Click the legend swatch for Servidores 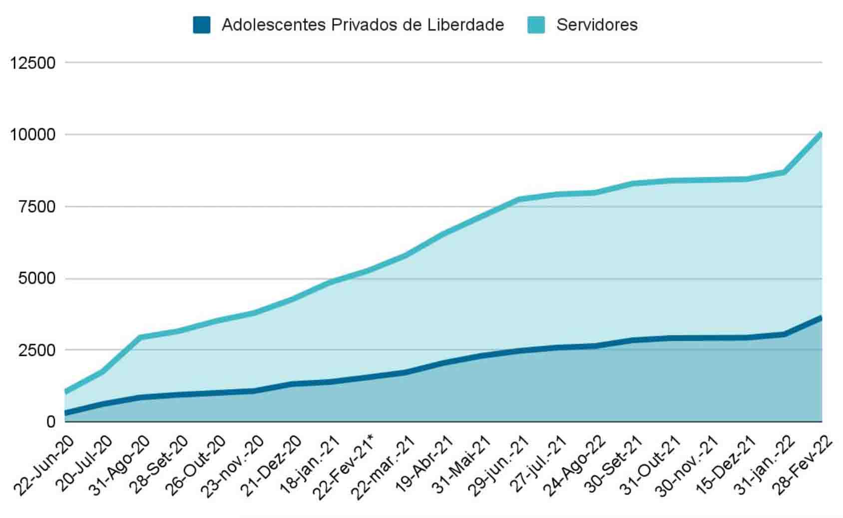click(536, 25)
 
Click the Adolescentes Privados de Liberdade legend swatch click(202, 25)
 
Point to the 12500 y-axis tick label click(32, 63)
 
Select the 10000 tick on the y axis click(32, 135)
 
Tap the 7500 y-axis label click(37, 207)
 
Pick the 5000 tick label click(37, 279)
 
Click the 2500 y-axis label click(37, 350)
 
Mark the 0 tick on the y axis click(51, 422)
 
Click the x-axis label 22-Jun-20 click(44, 466)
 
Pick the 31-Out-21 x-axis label click(650, 466)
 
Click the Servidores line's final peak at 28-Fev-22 click(821, 134)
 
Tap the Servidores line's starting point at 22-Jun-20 click(66, 392)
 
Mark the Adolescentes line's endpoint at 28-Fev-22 click(821, 318)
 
